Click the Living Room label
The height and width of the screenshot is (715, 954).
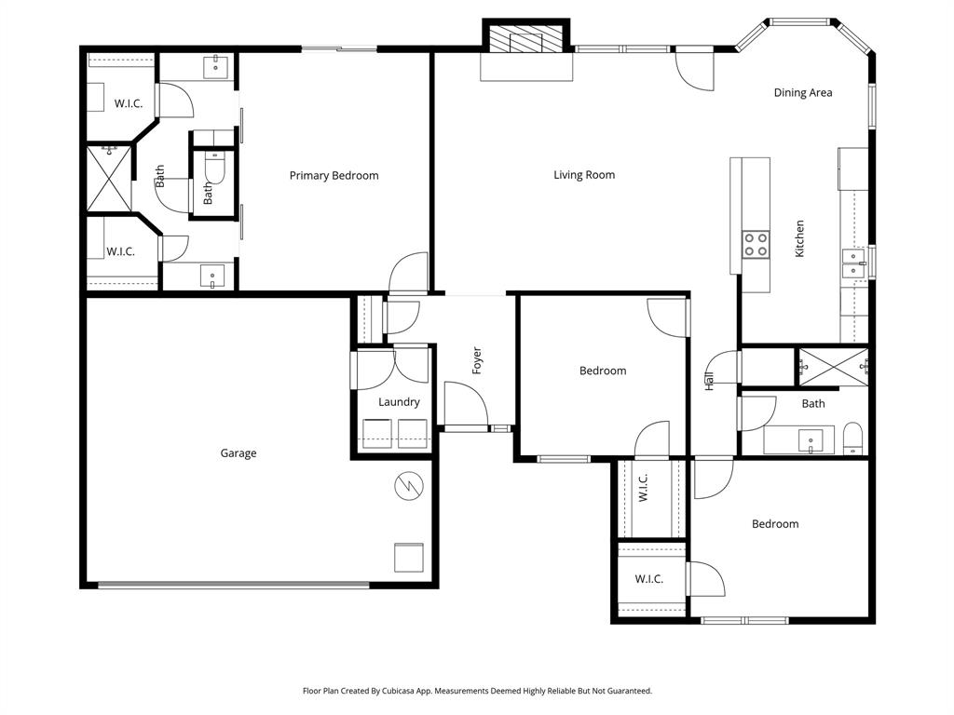[584, 175]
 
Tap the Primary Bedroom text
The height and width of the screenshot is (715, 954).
[334, 176]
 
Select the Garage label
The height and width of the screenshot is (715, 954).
[238, 453]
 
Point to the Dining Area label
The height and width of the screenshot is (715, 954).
[803, 93]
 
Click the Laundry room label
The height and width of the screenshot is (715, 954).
[399, 402]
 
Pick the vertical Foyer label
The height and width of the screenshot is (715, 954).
[477, 360]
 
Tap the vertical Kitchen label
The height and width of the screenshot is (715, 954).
[799, 238]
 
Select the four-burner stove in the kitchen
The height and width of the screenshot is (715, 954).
[756, 244]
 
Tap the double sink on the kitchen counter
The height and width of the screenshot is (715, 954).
[854, 263]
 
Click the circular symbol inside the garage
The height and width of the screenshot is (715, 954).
[409, 485]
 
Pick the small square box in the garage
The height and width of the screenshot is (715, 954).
[409, 557]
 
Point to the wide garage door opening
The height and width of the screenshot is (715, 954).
[233, 586]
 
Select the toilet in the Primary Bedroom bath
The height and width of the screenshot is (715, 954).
[214, 169]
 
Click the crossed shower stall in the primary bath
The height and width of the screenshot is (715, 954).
[109, 179]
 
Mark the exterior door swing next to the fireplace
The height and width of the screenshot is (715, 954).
[694, 69]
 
